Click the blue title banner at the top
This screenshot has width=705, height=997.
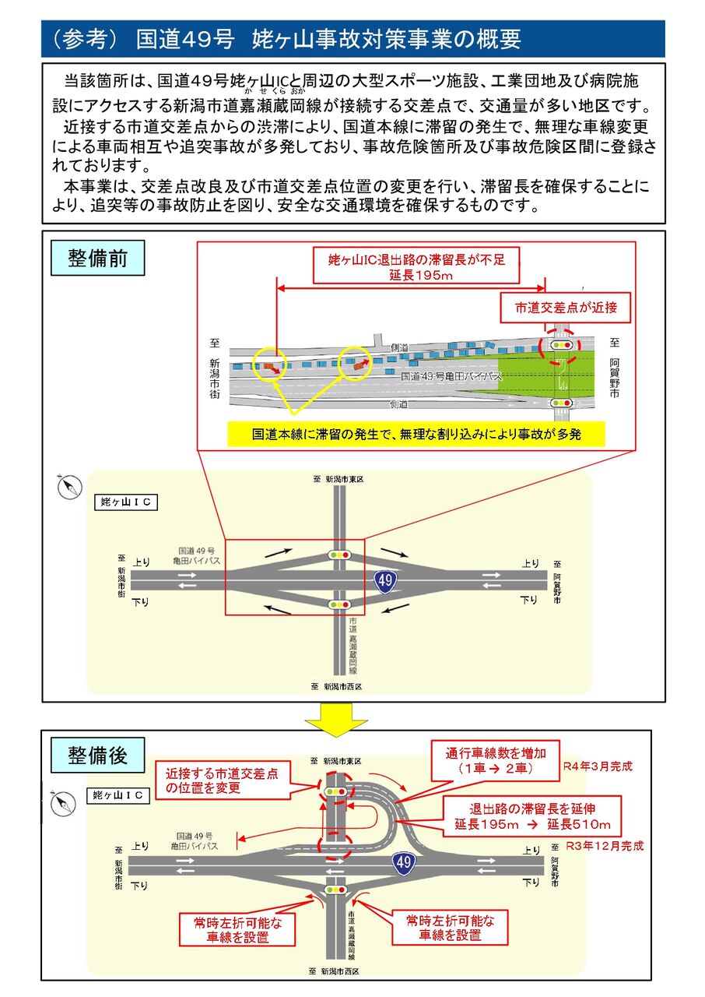click(x=353, y=39)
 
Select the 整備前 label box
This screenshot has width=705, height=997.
click(x=98, y=258)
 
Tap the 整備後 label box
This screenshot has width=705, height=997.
click(x=98, y=756)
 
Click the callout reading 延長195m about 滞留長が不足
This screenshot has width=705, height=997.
click(x=416, y=266)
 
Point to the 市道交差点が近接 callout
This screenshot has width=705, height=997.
click(x=566, y=308)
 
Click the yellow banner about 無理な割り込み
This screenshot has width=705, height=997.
click(x=416, y=434)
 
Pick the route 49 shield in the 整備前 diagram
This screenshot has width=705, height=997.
click(x=385, y=580)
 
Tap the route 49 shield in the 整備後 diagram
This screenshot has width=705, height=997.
click(x=403, y=862)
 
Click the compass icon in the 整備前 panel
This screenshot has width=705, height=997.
click(x=70, y=487)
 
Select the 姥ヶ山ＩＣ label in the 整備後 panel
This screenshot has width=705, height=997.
click(x=117, y=795)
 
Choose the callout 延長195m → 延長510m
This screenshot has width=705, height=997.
click(x=532, y=817)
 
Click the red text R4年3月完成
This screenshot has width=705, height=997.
click(x=598, y=766)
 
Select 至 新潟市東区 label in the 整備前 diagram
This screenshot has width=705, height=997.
click(x=338, y=479)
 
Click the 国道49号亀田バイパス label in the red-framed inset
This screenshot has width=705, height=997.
click(x=451, y=376)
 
